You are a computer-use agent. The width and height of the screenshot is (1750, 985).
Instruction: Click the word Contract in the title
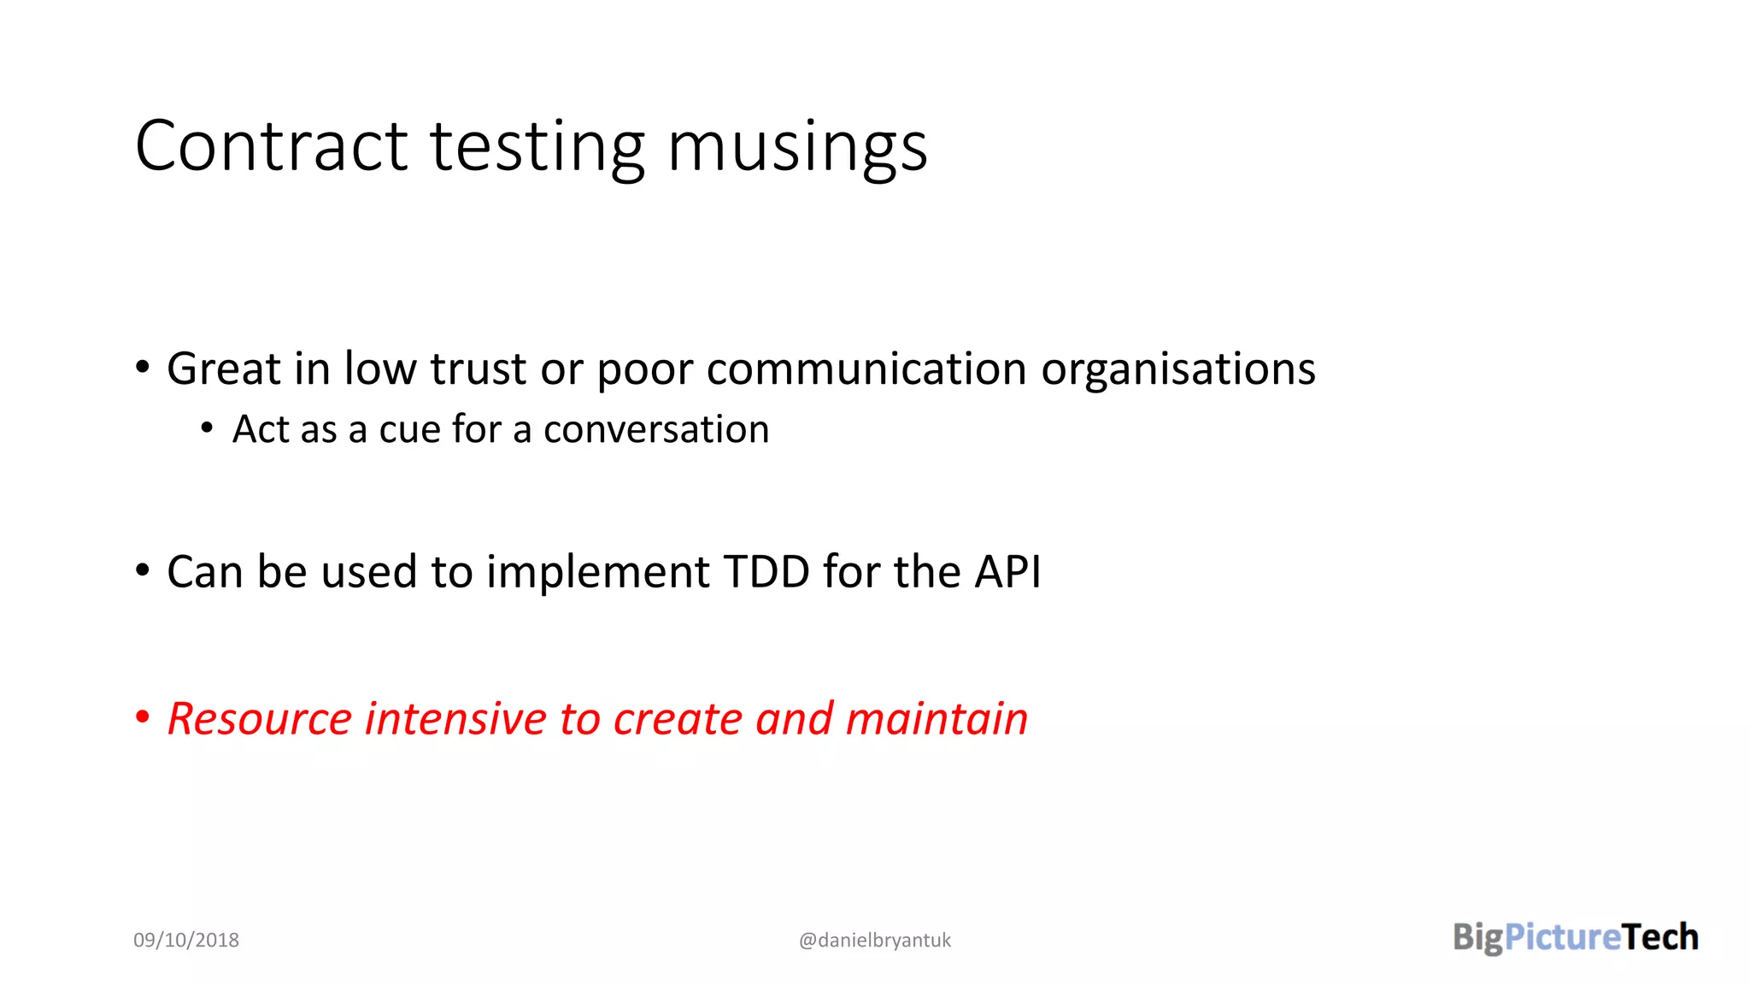click(x=272, y=146)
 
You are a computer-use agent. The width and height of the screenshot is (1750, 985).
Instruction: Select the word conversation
click(x=656, y=429)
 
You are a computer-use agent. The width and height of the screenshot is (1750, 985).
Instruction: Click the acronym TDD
click(x=766, y=571)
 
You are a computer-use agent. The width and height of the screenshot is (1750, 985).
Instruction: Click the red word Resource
click(x=260, y=718)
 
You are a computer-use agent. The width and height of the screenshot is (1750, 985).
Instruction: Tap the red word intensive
click(x=455, y=718)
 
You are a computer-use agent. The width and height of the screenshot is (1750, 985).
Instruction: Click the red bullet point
click(x=143, y=717)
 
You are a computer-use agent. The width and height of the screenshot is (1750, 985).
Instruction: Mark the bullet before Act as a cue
click(x=207, y=428)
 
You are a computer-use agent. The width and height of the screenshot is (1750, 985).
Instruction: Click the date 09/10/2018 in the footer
click(x=186, y=940)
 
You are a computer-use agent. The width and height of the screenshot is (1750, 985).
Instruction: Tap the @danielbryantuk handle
click(x=874, y=940)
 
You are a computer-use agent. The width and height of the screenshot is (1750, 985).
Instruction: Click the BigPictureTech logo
click(x=1575, y=937)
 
